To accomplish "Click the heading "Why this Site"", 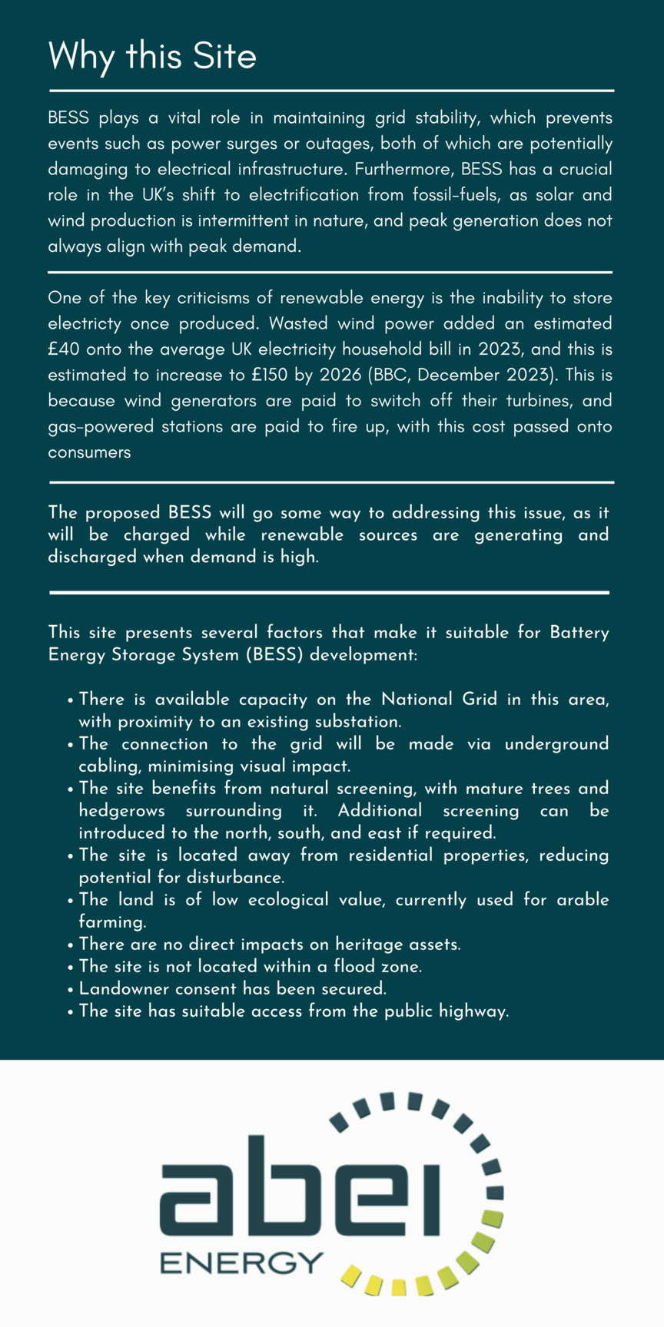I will click(152, 57).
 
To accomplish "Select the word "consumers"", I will click(89, 452).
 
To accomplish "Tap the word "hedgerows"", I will click(121, 811).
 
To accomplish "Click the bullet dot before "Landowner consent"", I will click(71, 989).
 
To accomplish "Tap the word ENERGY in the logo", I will click(241, 1262).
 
